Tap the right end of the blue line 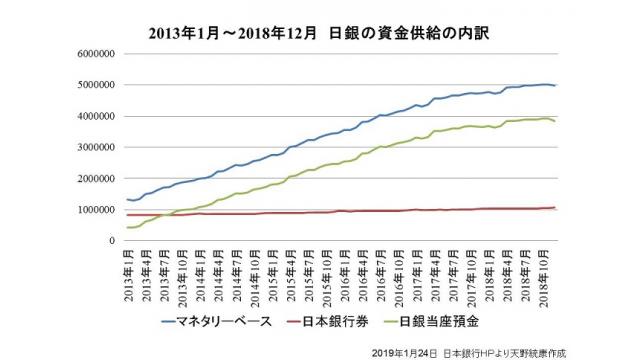556,86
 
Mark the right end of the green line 556,121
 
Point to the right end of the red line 556,208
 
